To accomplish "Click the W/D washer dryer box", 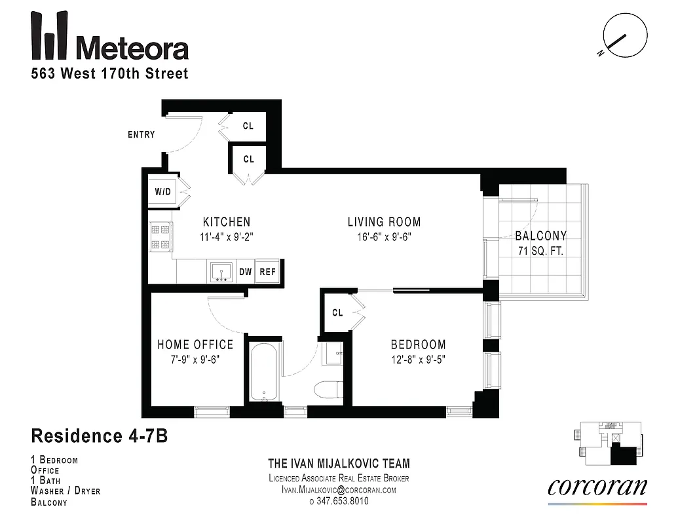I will pos(162,192).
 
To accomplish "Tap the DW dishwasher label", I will pos(245,271).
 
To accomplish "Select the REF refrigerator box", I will pos(267,271).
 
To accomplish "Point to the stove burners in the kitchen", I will pos(160,237).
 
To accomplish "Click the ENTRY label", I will pos(141,135).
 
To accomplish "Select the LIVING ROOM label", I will pos(384,222).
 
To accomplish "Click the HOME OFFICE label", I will pos(195,345).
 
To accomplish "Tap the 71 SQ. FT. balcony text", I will pos(540,251).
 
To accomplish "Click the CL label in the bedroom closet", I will pos(337,313).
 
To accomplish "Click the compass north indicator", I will pos(616,40).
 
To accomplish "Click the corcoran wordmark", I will pos(597,487).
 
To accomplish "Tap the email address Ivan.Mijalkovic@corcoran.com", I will pos(339,489).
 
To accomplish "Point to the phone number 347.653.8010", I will pos(339,501).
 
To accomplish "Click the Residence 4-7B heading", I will pos(100,436).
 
